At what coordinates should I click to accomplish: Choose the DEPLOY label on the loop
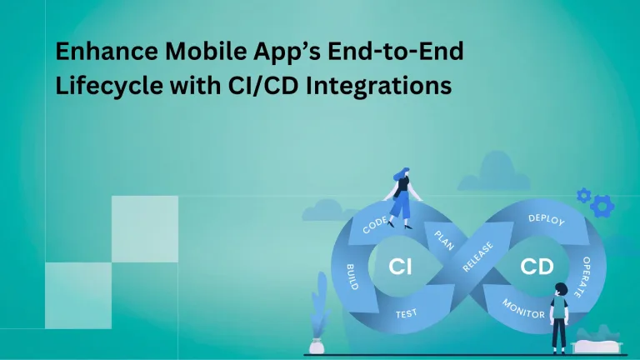pos(547,221)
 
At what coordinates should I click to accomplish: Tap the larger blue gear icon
pos(602,204)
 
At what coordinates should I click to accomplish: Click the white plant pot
pos(317,345)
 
